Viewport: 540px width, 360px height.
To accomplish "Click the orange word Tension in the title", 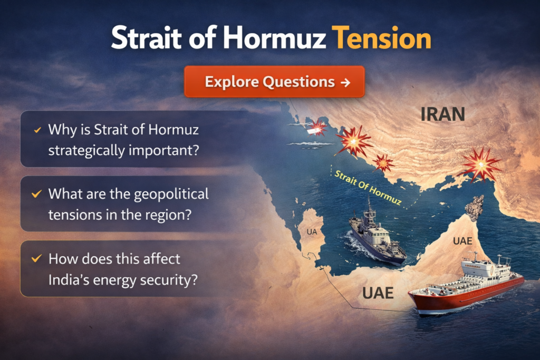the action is coord(381,37).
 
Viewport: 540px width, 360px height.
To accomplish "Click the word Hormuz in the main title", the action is coord(274,37).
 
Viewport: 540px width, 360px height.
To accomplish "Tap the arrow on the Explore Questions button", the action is coord(345,82).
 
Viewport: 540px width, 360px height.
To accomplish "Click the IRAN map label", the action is coord(442,114).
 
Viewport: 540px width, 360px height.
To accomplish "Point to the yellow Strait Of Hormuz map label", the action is coord(368,188).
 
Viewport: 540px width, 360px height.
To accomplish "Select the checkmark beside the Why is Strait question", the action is coord(37,130).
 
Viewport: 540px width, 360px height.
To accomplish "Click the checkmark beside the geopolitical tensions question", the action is coord(36,194).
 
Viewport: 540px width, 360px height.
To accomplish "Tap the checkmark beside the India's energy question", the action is coord(36,258).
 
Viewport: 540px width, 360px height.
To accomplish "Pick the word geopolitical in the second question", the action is coord(171,194).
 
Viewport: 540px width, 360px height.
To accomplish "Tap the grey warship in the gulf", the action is coord(377,233).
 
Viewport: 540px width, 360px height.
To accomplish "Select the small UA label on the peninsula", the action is coord(312,232).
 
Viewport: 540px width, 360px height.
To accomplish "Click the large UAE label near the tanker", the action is coord(378,293).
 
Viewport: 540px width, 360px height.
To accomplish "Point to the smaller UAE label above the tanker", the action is coord(462,241).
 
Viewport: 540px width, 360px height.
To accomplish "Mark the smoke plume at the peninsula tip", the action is coord(475,208).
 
